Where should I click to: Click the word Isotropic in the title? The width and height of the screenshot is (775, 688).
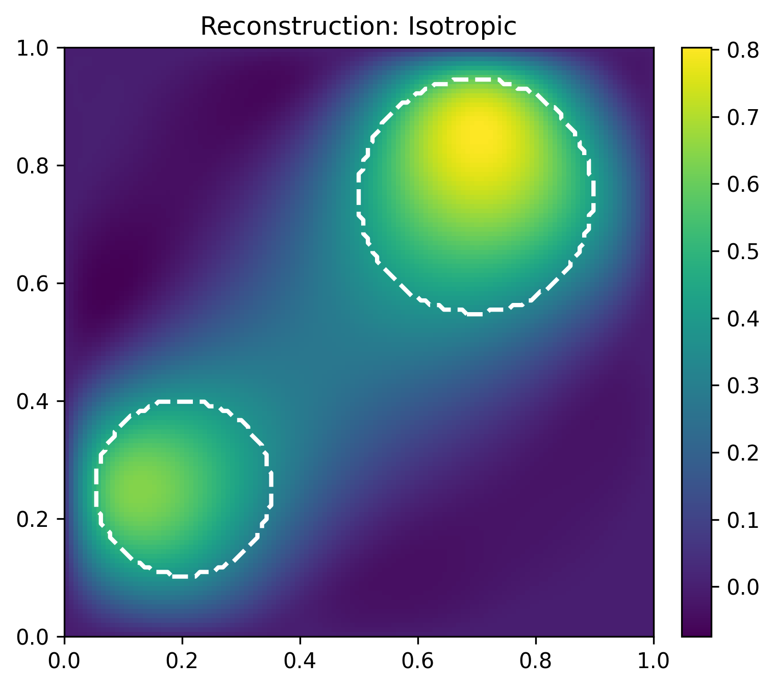point(462,27)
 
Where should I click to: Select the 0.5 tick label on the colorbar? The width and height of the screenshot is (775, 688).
point(743,251)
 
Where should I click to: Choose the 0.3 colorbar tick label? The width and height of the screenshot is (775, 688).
point(743,386)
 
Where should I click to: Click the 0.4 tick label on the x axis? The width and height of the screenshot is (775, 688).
point(299,660)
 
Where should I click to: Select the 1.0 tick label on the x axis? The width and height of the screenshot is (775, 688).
point(654,660)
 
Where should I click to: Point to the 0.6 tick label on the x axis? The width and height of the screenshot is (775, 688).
point(418,660)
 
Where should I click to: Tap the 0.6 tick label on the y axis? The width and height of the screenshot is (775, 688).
point(33,284)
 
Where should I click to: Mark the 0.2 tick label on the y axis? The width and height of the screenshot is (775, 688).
point(33,519)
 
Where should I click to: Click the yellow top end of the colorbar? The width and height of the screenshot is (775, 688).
point(696,52)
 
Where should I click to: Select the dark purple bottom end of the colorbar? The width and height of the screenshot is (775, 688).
point(696,632)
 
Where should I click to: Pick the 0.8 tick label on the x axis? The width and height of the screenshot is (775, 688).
point(536,660)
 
